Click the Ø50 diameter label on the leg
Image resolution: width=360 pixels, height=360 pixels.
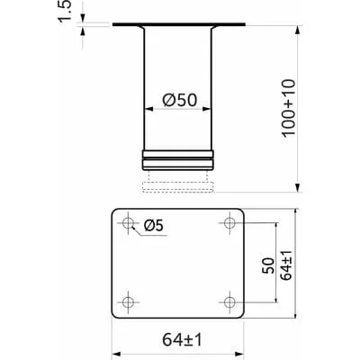180,100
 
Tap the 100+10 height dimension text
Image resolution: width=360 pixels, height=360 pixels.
289,108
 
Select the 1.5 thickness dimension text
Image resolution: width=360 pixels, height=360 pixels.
65,11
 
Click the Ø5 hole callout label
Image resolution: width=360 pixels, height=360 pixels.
154,226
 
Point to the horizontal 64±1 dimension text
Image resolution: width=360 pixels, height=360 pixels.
183,340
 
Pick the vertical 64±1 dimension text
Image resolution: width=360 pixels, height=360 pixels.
287,264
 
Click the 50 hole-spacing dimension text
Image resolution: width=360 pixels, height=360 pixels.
268,265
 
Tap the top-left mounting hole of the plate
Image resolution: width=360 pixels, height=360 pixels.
129,223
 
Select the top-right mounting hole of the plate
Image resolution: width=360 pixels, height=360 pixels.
229,223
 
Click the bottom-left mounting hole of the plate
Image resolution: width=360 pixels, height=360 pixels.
129,301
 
